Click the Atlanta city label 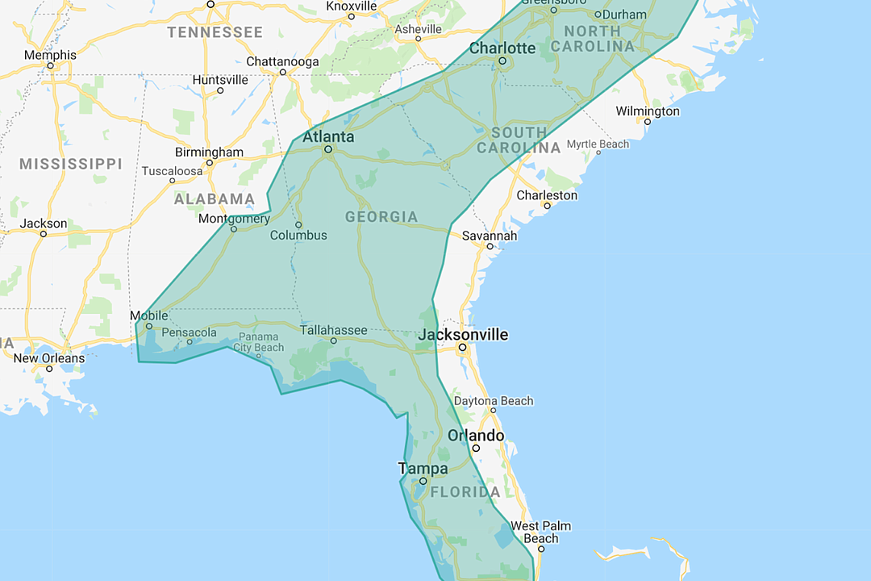point(328,136)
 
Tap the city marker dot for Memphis point(50,66)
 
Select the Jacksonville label point(463,334)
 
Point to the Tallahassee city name point(333,330)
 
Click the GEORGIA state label point(381,216)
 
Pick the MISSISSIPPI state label point(71,164)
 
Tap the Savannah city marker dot point(490,247)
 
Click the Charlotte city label point(502,48)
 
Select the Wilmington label point(648,111)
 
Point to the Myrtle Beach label point(598,144)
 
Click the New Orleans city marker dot point(49,370)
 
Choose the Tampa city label point(423,468)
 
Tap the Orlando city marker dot point(476,448)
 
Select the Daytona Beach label point(494,401)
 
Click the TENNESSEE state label point(215,32)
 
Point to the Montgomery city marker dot point(233,229)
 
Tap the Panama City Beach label point(258,342)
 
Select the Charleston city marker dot point(547,206)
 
